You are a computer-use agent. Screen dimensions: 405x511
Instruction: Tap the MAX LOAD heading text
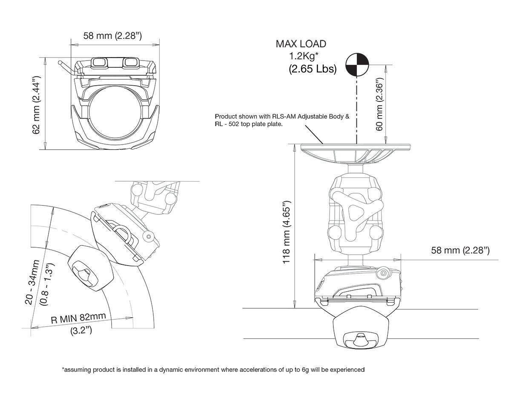[301, 43]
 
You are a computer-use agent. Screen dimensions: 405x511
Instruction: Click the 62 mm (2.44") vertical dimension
[37, 104]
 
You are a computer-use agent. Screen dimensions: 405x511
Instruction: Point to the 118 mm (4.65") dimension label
[287, 232]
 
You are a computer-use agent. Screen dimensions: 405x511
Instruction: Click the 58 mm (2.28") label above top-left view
[112, 36]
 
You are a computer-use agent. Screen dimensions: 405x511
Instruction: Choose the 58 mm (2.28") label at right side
[460, 250]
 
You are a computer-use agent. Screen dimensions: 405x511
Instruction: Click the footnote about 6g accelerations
[213, 370]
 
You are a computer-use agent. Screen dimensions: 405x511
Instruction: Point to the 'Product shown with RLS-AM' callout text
[282, 120]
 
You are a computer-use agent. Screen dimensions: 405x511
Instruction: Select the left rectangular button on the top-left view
[101, 62]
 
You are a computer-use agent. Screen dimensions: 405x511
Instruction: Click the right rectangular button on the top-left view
[129, 62]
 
